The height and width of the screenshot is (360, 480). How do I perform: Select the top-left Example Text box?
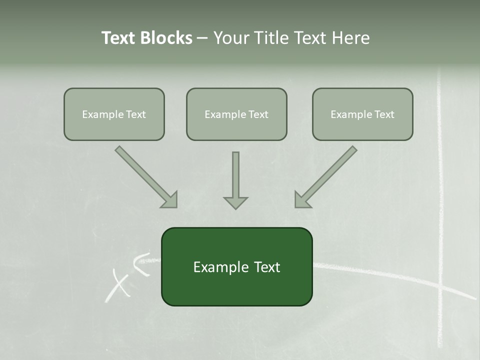[114, 114]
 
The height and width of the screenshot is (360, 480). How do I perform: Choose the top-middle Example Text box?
[236, 114]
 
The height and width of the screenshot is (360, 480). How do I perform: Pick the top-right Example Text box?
[362, 114]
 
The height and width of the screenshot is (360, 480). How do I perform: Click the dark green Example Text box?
[236, 266]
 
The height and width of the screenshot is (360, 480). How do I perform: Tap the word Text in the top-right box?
[383, 114]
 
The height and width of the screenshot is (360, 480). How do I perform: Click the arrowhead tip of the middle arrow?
[235, 208]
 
